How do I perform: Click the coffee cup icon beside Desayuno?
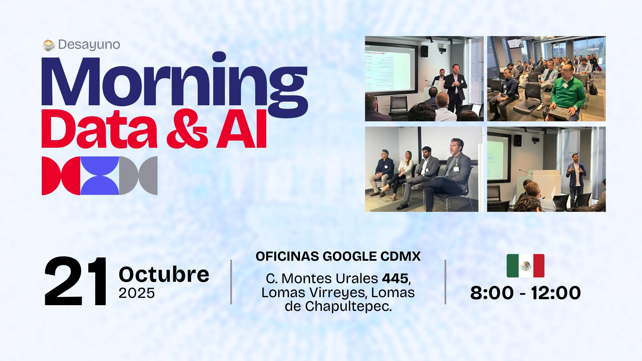coord(49,44)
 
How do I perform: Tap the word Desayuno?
coord(89,44)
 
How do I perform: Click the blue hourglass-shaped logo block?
coord(100,175)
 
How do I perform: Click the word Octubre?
coord(164,274)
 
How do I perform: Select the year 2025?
coord(137,293)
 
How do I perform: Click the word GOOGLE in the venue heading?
coord(350,256)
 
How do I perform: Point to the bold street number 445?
coord(395,278)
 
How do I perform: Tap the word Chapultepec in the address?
coord(348,307)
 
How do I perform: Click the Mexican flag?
coord(525,266)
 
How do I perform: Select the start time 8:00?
coord(492,293)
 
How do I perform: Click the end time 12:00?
coord(556,293)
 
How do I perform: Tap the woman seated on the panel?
coord(401,174)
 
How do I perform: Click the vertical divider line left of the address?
coord(231,282)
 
